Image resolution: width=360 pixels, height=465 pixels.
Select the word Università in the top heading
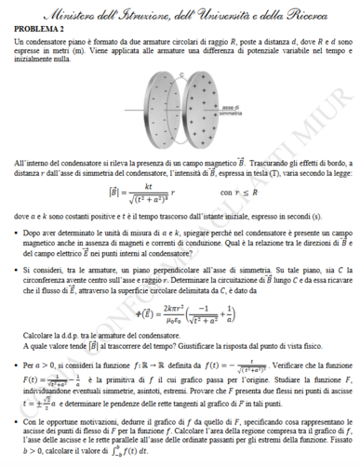(226, 13)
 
